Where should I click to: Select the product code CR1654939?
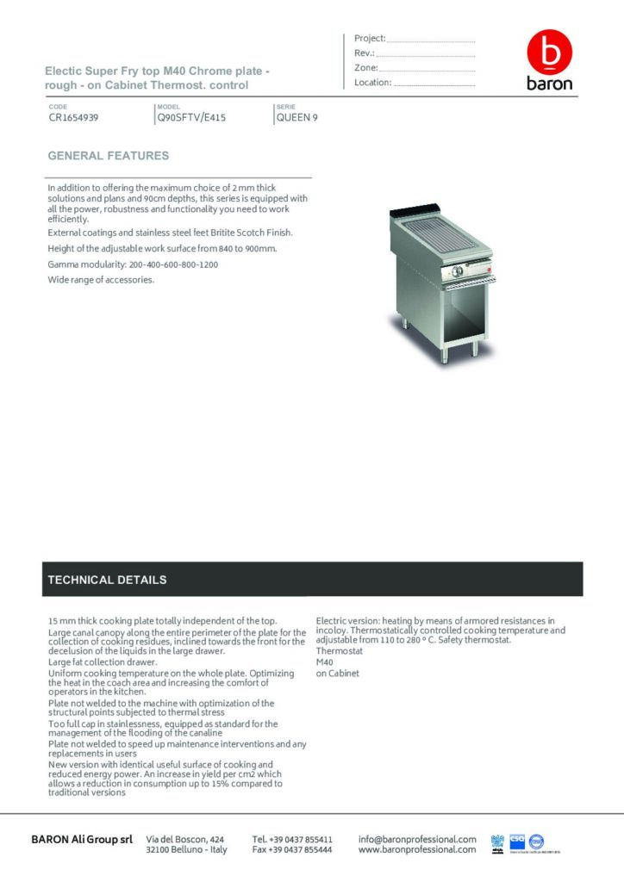(x=73, y=118)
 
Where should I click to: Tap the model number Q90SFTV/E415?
(x=191, y=118)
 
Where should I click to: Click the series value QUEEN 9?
(x=296, y=118)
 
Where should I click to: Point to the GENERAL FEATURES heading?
(x=109, y=156)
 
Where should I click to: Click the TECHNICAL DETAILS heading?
(x=108, y=580)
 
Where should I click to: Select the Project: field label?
(x=370, y=39)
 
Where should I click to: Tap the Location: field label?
(x=373, y=83)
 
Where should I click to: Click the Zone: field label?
(x=366, y=68)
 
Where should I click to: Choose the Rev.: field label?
(x=365, y=53)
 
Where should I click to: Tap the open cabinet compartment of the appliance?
(x=438, y=310)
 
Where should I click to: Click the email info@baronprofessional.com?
(x=417, y=839)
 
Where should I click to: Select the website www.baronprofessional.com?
(x=417, y=849)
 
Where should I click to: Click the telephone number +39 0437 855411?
(x=292, y=839)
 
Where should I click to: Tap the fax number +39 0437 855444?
(x=292, y=849)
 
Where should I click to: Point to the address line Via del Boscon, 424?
(x=186, y=839)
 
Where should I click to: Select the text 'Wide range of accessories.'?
(x=101, y=280)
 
